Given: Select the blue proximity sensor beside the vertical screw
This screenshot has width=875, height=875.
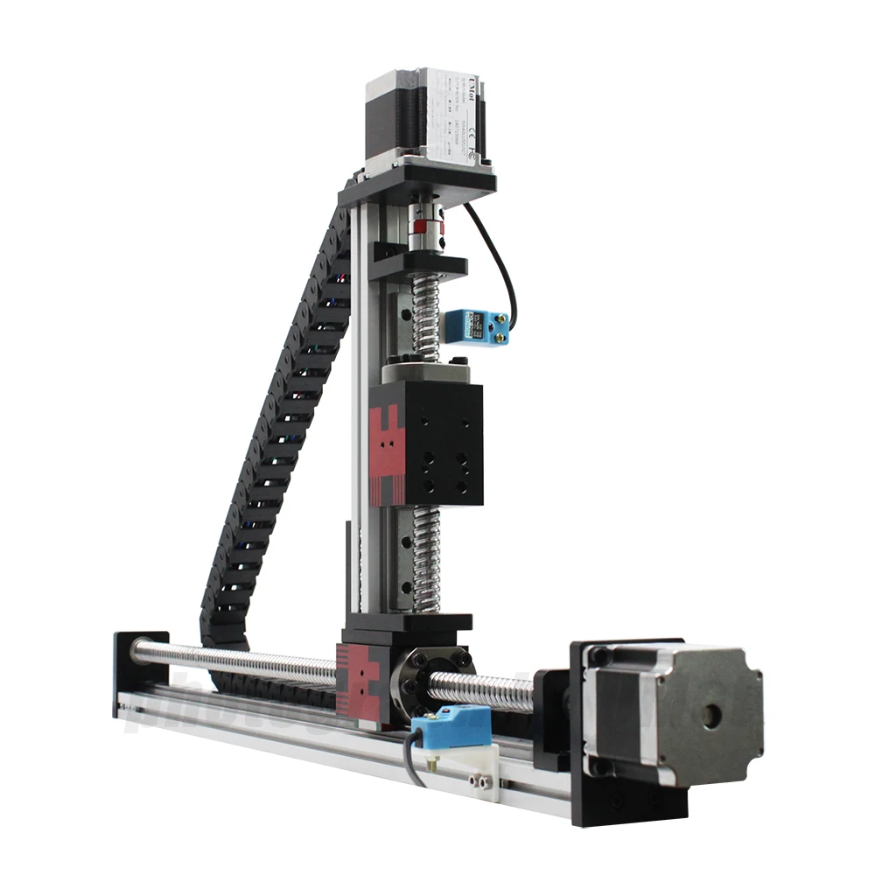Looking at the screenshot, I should [x=477, y=326].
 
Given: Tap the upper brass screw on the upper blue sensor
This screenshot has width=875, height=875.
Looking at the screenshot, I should [x=502, y=318].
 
